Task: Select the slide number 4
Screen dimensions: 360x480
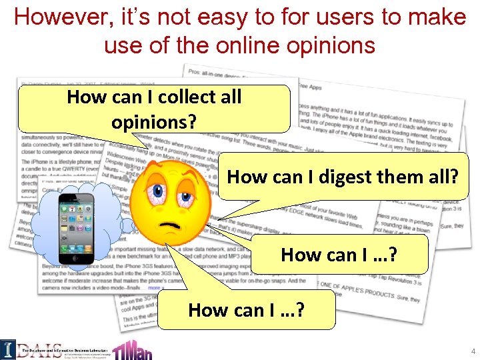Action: (473, 351)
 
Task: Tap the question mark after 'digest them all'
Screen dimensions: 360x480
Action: (455, 177)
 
